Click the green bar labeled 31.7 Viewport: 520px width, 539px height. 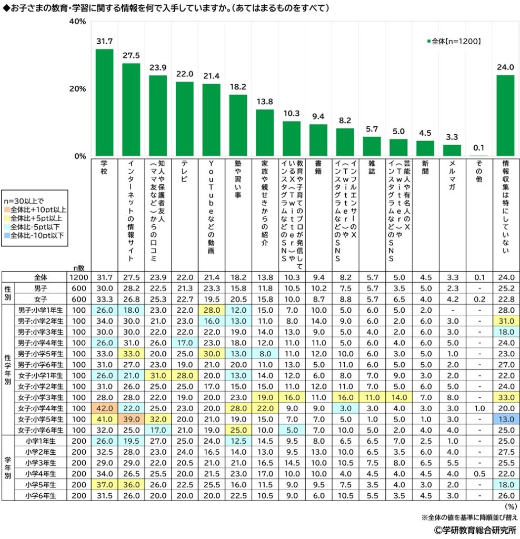[104, 103]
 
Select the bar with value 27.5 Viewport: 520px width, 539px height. [131, 109]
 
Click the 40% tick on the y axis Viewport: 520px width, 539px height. [77, 22]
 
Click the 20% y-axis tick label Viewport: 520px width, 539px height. [77, 89]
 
